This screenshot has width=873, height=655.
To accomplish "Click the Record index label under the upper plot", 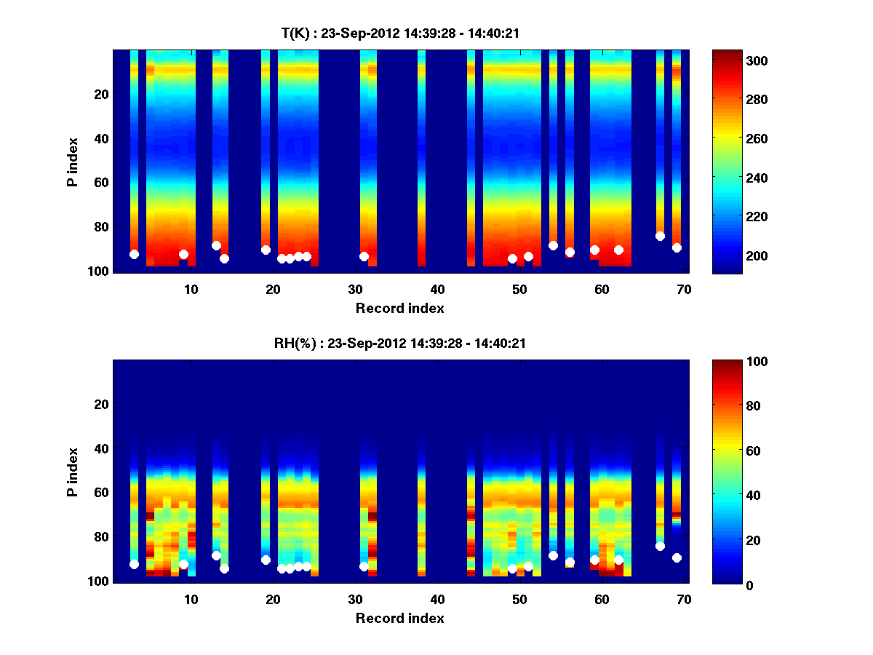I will tap(399, 308).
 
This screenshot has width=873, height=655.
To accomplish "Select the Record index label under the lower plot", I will tap(399, 618).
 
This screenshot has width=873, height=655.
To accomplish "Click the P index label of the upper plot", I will tap(73, 161).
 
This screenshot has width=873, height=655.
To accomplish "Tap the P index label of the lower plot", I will tap(73, 471).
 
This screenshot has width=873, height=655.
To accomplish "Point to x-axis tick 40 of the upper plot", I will tap(437, 289).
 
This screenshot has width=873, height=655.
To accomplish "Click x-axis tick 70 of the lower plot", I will tap(684, 599).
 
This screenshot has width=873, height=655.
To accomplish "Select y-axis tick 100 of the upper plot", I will tap(100, 270).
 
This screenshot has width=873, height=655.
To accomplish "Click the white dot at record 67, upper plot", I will tap(660, 236).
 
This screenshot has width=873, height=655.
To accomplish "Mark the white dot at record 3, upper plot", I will tap(134, 254).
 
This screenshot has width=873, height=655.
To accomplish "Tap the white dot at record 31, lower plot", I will tap(364, 566).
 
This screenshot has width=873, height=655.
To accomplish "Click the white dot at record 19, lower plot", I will tap(266, 560).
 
